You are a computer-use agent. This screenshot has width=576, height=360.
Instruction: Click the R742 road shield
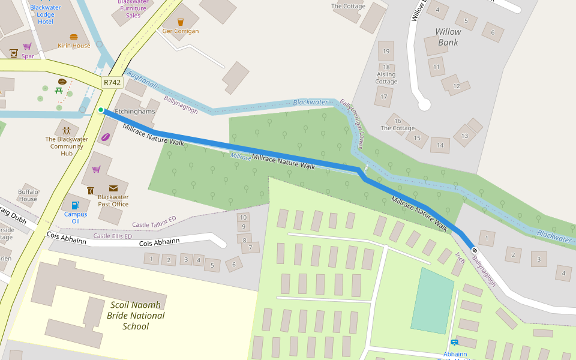coord(112,82)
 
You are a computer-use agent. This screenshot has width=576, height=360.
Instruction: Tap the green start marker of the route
coord(101,110)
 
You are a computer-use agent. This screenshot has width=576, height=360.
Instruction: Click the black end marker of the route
coord(474,250)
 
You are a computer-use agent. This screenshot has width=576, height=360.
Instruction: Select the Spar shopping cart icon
coord(27,46)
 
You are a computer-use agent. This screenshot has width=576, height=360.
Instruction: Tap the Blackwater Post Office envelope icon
coord(113,188)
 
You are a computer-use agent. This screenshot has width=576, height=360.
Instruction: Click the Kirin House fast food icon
coord(74,37)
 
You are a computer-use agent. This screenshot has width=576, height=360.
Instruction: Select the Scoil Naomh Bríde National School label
coord(136,315)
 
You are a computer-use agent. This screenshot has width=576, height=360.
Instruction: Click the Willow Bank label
coord(448,37)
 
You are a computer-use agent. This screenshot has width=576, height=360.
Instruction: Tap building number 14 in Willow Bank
coord(440,145)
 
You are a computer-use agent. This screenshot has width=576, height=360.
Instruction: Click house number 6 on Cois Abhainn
coord(234,263)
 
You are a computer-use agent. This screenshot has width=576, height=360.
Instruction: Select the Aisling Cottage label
coord(386,78)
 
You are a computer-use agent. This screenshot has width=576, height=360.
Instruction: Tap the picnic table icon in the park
coord(59,91)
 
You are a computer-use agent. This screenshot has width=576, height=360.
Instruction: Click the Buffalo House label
coord(28,195)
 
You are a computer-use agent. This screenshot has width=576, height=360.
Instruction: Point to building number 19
coord(386,52)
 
